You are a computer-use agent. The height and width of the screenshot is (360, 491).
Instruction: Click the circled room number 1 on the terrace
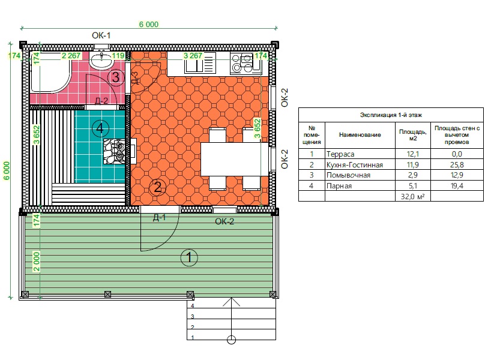pos(189,257)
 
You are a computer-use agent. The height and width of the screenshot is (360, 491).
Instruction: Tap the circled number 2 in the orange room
pos(157,187)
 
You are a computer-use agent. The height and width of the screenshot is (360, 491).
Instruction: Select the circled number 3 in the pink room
pos(116,77)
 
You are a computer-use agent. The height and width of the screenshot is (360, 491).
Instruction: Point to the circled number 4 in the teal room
pos(100,128)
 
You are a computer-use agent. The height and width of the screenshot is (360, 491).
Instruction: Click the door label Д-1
pos(160,218)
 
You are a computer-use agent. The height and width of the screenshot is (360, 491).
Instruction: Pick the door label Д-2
pos(101,101)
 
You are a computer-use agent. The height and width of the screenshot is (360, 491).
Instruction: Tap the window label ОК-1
pos(101,35)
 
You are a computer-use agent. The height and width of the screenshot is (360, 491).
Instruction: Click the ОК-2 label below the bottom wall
pos(224,221)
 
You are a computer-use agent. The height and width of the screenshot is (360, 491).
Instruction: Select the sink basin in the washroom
pos(101,61)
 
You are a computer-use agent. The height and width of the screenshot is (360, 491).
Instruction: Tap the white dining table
pos(234,159)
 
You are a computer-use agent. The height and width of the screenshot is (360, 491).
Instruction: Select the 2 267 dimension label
pos(71,56)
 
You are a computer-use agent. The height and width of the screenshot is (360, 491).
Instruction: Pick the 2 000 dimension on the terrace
pos(37,262)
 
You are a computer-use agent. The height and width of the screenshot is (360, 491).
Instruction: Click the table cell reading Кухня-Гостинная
pos(355,164)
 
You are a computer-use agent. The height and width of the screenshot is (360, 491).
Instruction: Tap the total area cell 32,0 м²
pos(413,197)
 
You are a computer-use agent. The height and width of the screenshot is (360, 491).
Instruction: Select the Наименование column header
pos(360,135)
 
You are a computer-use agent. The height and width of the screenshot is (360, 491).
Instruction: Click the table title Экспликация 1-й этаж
pos(391,115)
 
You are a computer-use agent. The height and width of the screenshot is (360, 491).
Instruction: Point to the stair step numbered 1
pos(192,337)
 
